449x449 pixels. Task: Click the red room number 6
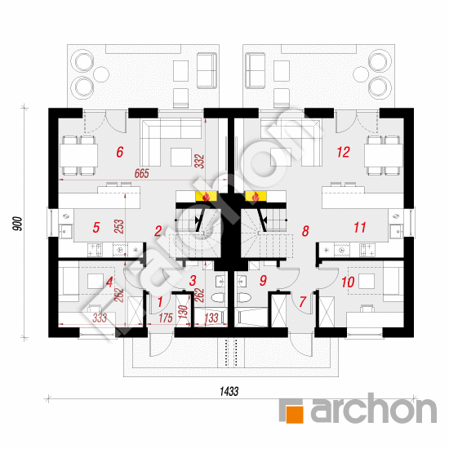click(x=120, y=152)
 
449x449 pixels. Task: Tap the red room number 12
click(x=344, y=152)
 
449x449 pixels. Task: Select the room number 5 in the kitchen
click(x=96, y=228)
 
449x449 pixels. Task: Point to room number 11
click(x=360, y=228)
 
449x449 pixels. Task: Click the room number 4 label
click(x=109, y=282)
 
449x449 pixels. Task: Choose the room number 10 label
click(x=348, y=282)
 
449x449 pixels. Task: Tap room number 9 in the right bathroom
click(x=263, y=281)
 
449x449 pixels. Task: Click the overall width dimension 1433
click(x=229, y=391)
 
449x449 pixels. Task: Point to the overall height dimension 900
click(x=18, y=224)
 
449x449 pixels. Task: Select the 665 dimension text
click(x=142, y=174)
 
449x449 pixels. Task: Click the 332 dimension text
click(x=199, y=161)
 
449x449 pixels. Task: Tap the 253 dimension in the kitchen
click(x=119, y=226)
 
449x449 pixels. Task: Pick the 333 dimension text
click(x=100, y=318)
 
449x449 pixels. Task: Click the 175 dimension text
click(x=166, y=318)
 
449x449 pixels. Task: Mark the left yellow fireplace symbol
click(x=206, y=196)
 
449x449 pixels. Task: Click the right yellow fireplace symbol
click(x=256, y=196)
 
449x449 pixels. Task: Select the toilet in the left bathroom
click(x=218, y=298)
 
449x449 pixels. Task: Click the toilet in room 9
click(x=244, y=298)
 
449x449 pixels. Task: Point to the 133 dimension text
click(x=211, y=318)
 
